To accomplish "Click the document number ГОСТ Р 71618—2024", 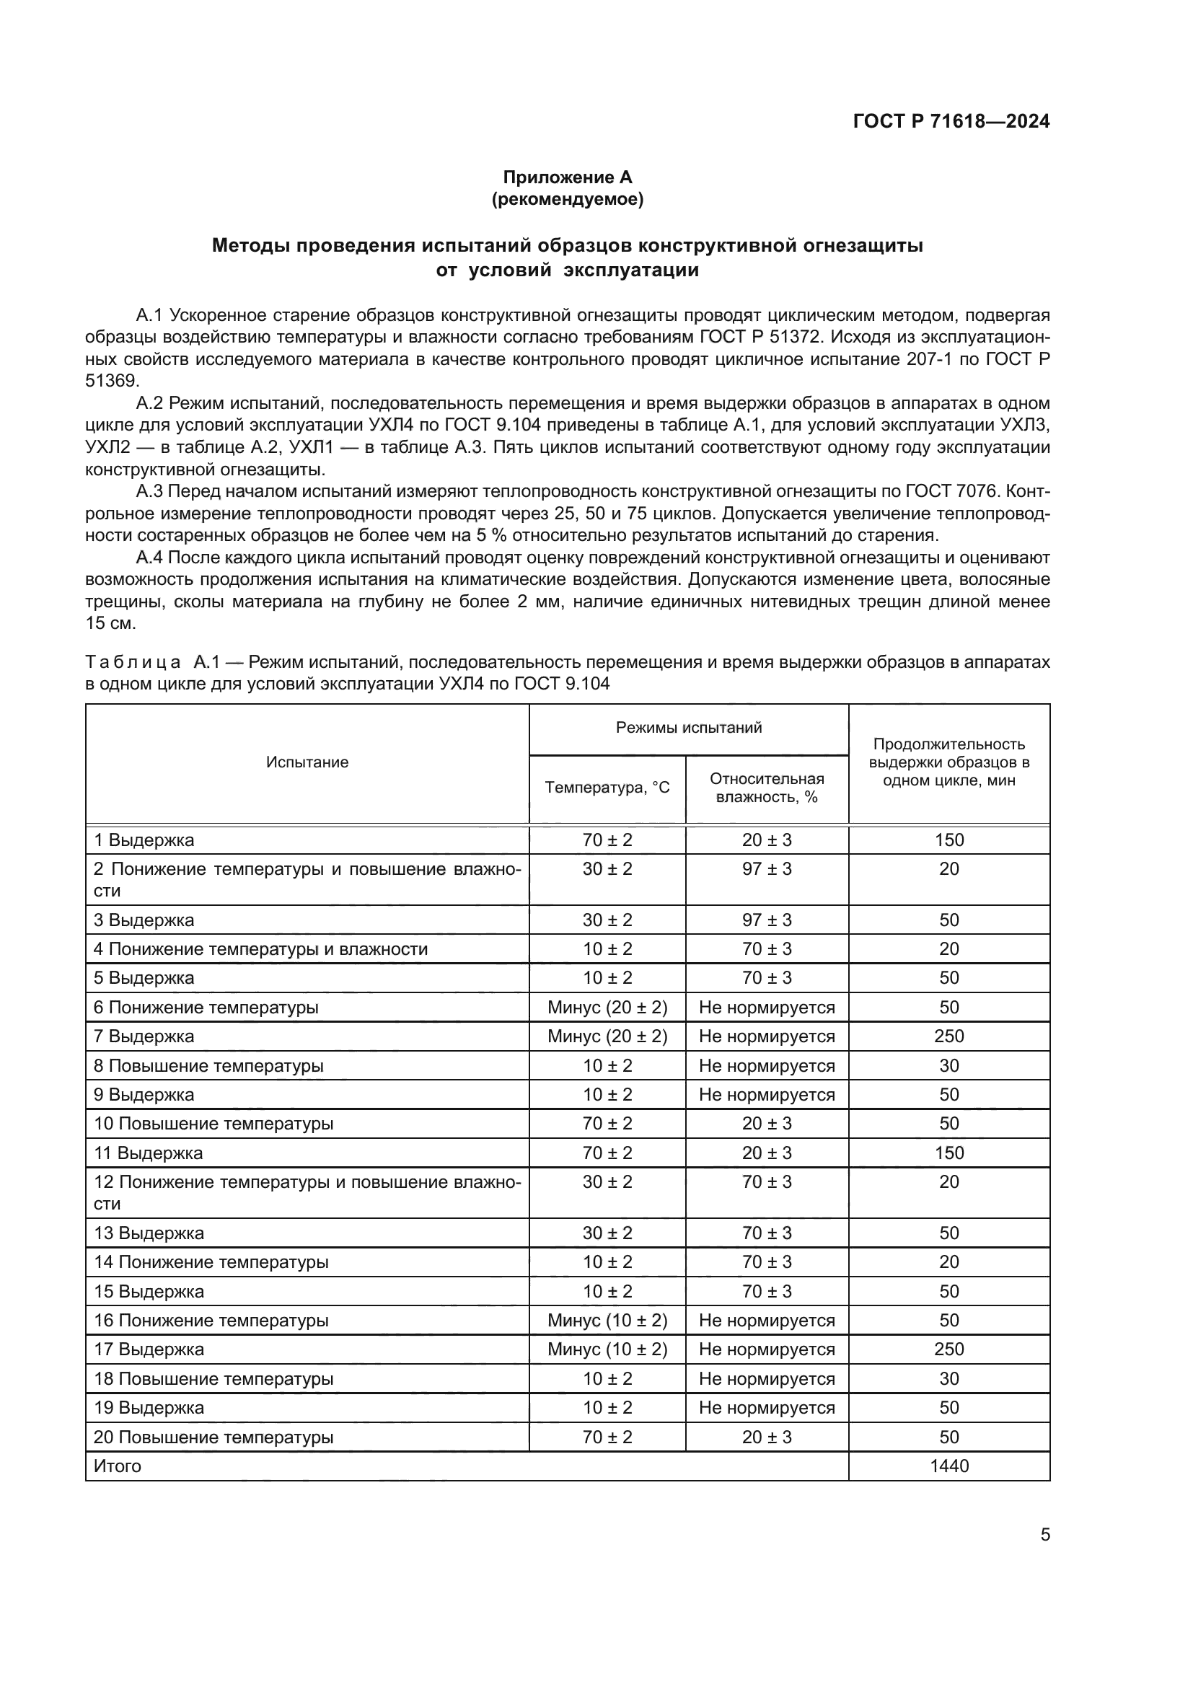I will (951, 121).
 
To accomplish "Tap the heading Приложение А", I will (567, 177).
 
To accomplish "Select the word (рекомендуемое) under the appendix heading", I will (567, 199).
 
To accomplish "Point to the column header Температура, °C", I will (607, 788).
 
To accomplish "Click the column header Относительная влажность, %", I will (766, 788).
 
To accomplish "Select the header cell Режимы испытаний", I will (688, 728).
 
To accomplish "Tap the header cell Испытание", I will (307, 762).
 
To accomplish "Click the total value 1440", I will (948, 1466).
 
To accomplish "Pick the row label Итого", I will (118, 1466).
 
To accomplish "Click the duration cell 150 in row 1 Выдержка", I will (948, 840).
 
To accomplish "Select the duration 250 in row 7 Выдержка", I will (948, 1036).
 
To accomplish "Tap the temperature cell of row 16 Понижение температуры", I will (607, 1321).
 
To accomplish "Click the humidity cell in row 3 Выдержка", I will (766, 920).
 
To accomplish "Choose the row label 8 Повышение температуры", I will (208, 1065).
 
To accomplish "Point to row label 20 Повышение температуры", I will (213, 1437).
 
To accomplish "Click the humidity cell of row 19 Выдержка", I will (766, 1408).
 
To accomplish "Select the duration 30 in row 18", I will (948, 1379).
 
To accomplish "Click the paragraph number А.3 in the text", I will (150, 492).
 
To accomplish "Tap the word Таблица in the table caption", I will (133, 662).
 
